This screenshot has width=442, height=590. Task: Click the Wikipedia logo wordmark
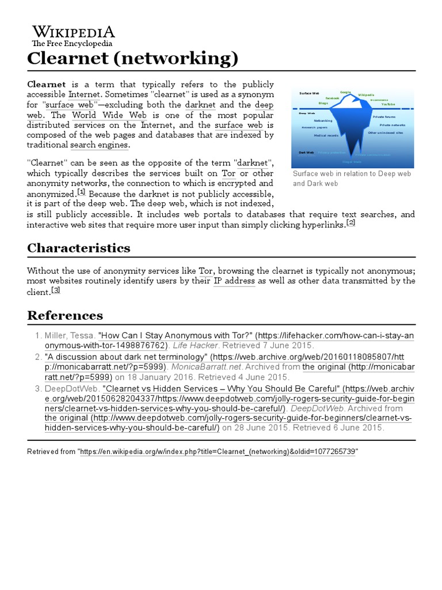[x=73, y=31]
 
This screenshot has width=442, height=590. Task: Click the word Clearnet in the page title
[x=68, y=58]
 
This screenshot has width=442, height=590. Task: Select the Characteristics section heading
[x=79, y=248]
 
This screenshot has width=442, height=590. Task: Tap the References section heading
[x=65, y=315]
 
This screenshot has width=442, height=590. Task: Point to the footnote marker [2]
[x=350, y=223]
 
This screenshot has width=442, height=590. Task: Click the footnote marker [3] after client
[x=56, y=290]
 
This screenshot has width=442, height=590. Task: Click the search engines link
[x=105, y=145]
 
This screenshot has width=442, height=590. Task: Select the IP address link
[x=234, y=281]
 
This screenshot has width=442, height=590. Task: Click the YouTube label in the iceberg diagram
[x=388, y=104]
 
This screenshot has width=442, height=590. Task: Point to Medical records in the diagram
[x=326, y=135]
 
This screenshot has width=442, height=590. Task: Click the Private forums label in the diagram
[x=384, y=117]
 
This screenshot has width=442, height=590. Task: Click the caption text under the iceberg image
[x=351, y=179]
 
